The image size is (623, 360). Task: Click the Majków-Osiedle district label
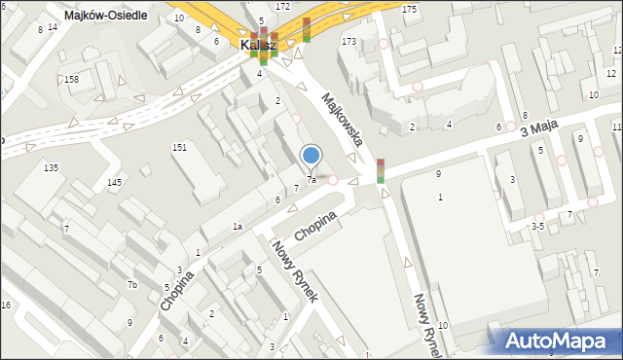click(104, 16)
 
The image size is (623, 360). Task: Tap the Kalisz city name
click(259, 45)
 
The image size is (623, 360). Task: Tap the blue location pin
click(311, 156)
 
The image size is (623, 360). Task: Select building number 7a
click(311, 180)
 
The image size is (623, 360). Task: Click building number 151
click(179, 147)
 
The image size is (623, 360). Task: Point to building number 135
click(51, 168)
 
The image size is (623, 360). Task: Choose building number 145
click(115, 183)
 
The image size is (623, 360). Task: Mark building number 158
click(71, 79)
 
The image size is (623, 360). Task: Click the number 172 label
click(282, 7)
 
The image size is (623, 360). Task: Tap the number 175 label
click(409, 9)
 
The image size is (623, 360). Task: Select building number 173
click(348, 42)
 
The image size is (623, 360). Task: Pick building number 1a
click(237, 227)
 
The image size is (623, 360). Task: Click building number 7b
click(132, 285)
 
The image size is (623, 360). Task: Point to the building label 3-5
click(536, 226)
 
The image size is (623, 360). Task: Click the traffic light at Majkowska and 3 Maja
click(381, 170)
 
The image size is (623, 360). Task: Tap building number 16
click(6, 306)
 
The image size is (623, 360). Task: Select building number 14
click(53, 26)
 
